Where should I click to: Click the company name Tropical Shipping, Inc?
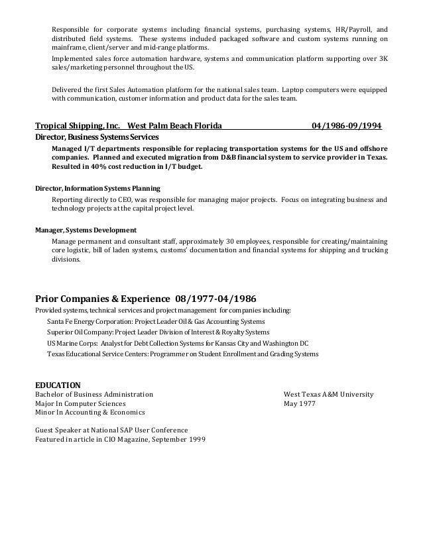click(x=76, y=126)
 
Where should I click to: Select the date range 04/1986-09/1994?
click(x=350, y=126)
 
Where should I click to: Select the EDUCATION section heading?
click(x=57, y=384)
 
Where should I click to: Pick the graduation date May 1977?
click(x=300, y=403)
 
